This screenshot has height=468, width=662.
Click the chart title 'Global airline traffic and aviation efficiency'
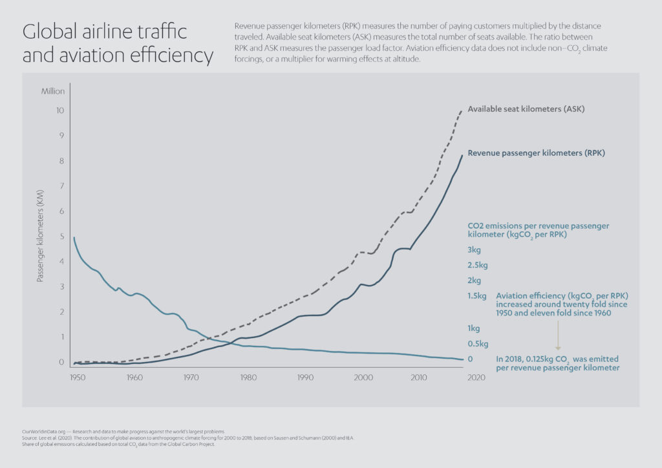(117, 43)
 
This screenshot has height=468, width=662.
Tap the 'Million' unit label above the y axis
(53, 91)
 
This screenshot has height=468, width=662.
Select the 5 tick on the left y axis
(61, 237)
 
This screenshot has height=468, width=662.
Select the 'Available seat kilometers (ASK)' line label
(526, 109)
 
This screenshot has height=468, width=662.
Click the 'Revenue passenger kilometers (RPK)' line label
(536, 153)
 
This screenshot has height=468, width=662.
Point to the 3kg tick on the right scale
(474, 250)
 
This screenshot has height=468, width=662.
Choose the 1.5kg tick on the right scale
(476, 296)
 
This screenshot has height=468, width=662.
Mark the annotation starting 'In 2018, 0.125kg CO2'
(557, 363)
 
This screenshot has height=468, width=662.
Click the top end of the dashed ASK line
(462, 111)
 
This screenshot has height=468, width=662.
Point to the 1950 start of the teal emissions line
(74, 238)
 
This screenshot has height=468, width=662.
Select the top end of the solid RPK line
(462, 155)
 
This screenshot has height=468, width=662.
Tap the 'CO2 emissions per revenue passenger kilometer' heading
(538, 230)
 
